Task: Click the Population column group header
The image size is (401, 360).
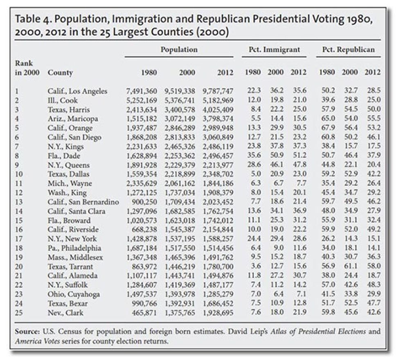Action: [x=179, y=50]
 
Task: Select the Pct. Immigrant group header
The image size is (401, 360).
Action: [x=275, y=50]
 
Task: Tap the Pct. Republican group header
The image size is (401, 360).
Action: [x=348, y=50]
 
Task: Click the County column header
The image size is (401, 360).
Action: [x=60, y=73]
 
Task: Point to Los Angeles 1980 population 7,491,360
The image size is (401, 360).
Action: [x=142, y=91]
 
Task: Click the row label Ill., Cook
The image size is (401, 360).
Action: [x=63, y=100]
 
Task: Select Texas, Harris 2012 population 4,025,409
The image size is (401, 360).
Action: [x=218, y=110]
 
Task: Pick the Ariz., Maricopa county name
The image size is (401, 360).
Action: [x=73, y=119]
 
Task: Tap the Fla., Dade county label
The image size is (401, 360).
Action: [x=64, y=156]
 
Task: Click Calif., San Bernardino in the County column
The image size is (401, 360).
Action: [x=83, y=202]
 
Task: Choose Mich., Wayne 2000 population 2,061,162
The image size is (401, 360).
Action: [x=180, y=183]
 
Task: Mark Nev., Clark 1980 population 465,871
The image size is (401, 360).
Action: [x=144, y=312]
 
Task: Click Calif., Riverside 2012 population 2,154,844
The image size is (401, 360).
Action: [x=218, y=229]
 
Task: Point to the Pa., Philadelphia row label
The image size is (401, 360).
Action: [x=74, y=248]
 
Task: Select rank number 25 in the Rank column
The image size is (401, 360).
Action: [x=19, y=312]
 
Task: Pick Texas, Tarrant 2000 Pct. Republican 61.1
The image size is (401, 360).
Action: [x=351, y=266]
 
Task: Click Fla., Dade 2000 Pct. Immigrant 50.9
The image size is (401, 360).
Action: [x=277, y=155]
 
